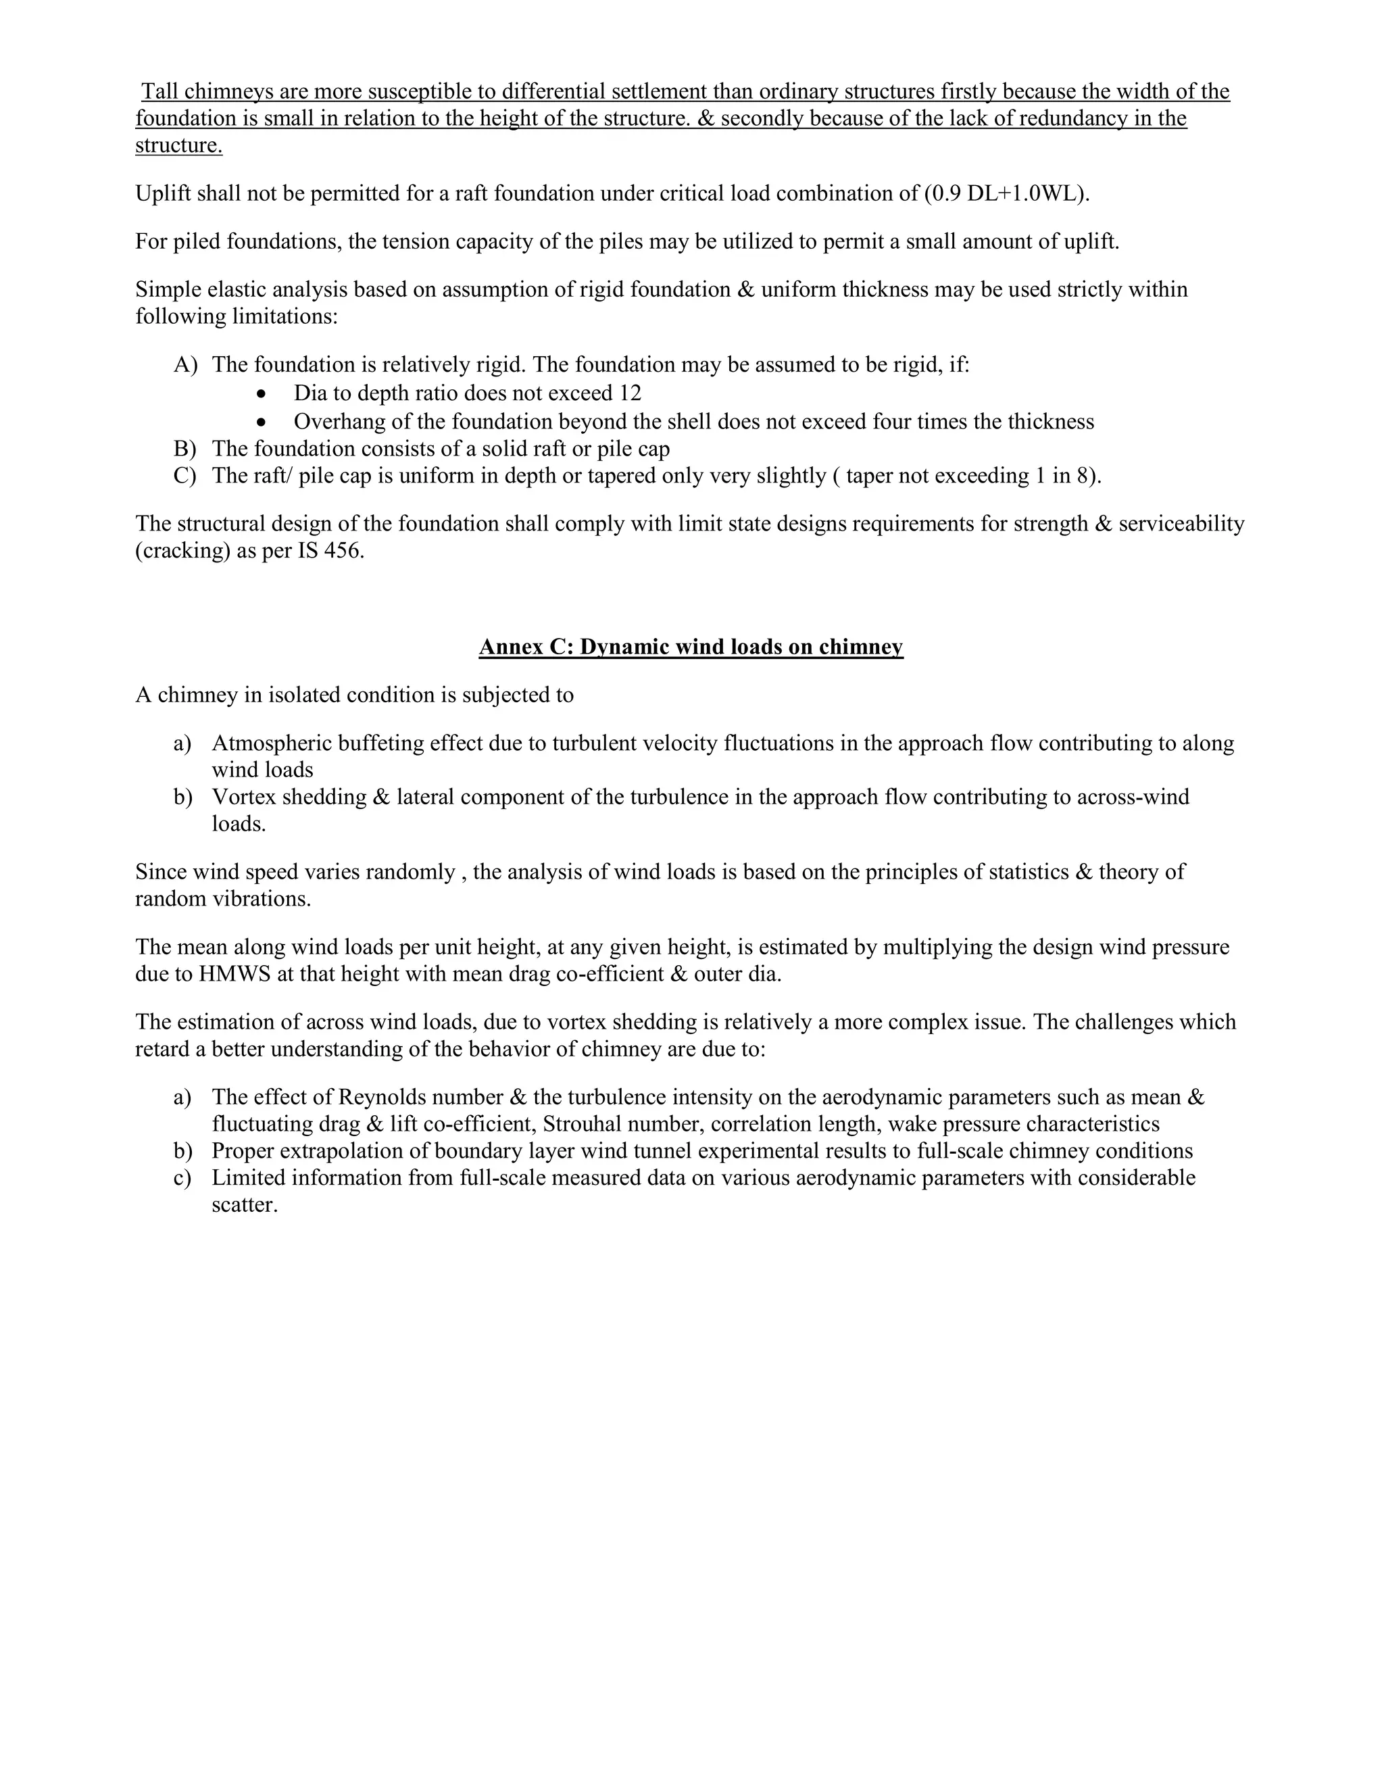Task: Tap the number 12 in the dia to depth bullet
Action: pyautogui.click(x=630, y=393)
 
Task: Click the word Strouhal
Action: pyautogui.click(x=582, y=1125)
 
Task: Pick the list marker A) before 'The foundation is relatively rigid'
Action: pyautogui.click(x=185, y=365)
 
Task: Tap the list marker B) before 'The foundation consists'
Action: pyautogui.click(x=185, y=449)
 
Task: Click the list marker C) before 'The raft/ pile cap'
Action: pyautogui.click(x=185, y=476)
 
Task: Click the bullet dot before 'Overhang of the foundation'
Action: pyautogui.click(x=261, y=422)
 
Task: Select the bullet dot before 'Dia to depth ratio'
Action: pyautogui.click(x=261, y=393)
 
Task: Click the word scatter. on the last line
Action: pyautogui.click(x=245, y=1206)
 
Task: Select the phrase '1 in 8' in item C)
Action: pyautogui.click(x=1062, y=476)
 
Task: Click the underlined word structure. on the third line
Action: pyautogui.click(x=178, y=146)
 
